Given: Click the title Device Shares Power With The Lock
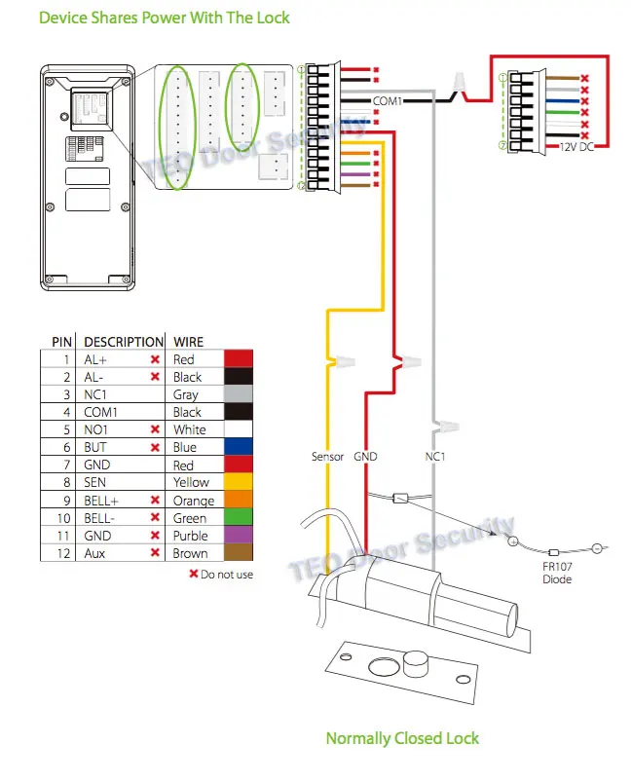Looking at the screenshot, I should click(x=164, y=18).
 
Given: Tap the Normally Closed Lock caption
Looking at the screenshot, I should click(x=402, y=738).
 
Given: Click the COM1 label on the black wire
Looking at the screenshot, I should click(x=387, y=99).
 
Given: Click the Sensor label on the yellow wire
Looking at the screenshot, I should click(x=327, y=456).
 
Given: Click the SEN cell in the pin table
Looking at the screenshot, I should click(x=95, y=482).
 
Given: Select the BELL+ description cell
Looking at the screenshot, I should click(x=102, y=500).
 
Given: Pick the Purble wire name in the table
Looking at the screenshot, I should click(x=190, y=536).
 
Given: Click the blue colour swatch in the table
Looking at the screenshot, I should click(x=240, y=447).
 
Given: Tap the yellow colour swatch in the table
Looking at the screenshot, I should click(x=240, y=482).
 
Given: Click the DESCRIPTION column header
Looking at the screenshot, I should click(x=124, y=342).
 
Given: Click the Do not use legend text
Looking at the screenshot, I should click(x=226, y=575).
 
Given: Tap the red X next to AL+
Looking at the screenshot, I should click(x=154, y=359).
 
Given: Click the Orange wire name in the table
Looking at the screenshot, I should click(x=194, y=500).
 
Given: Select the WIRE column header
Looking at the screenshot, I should click(x=188, y=342).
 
